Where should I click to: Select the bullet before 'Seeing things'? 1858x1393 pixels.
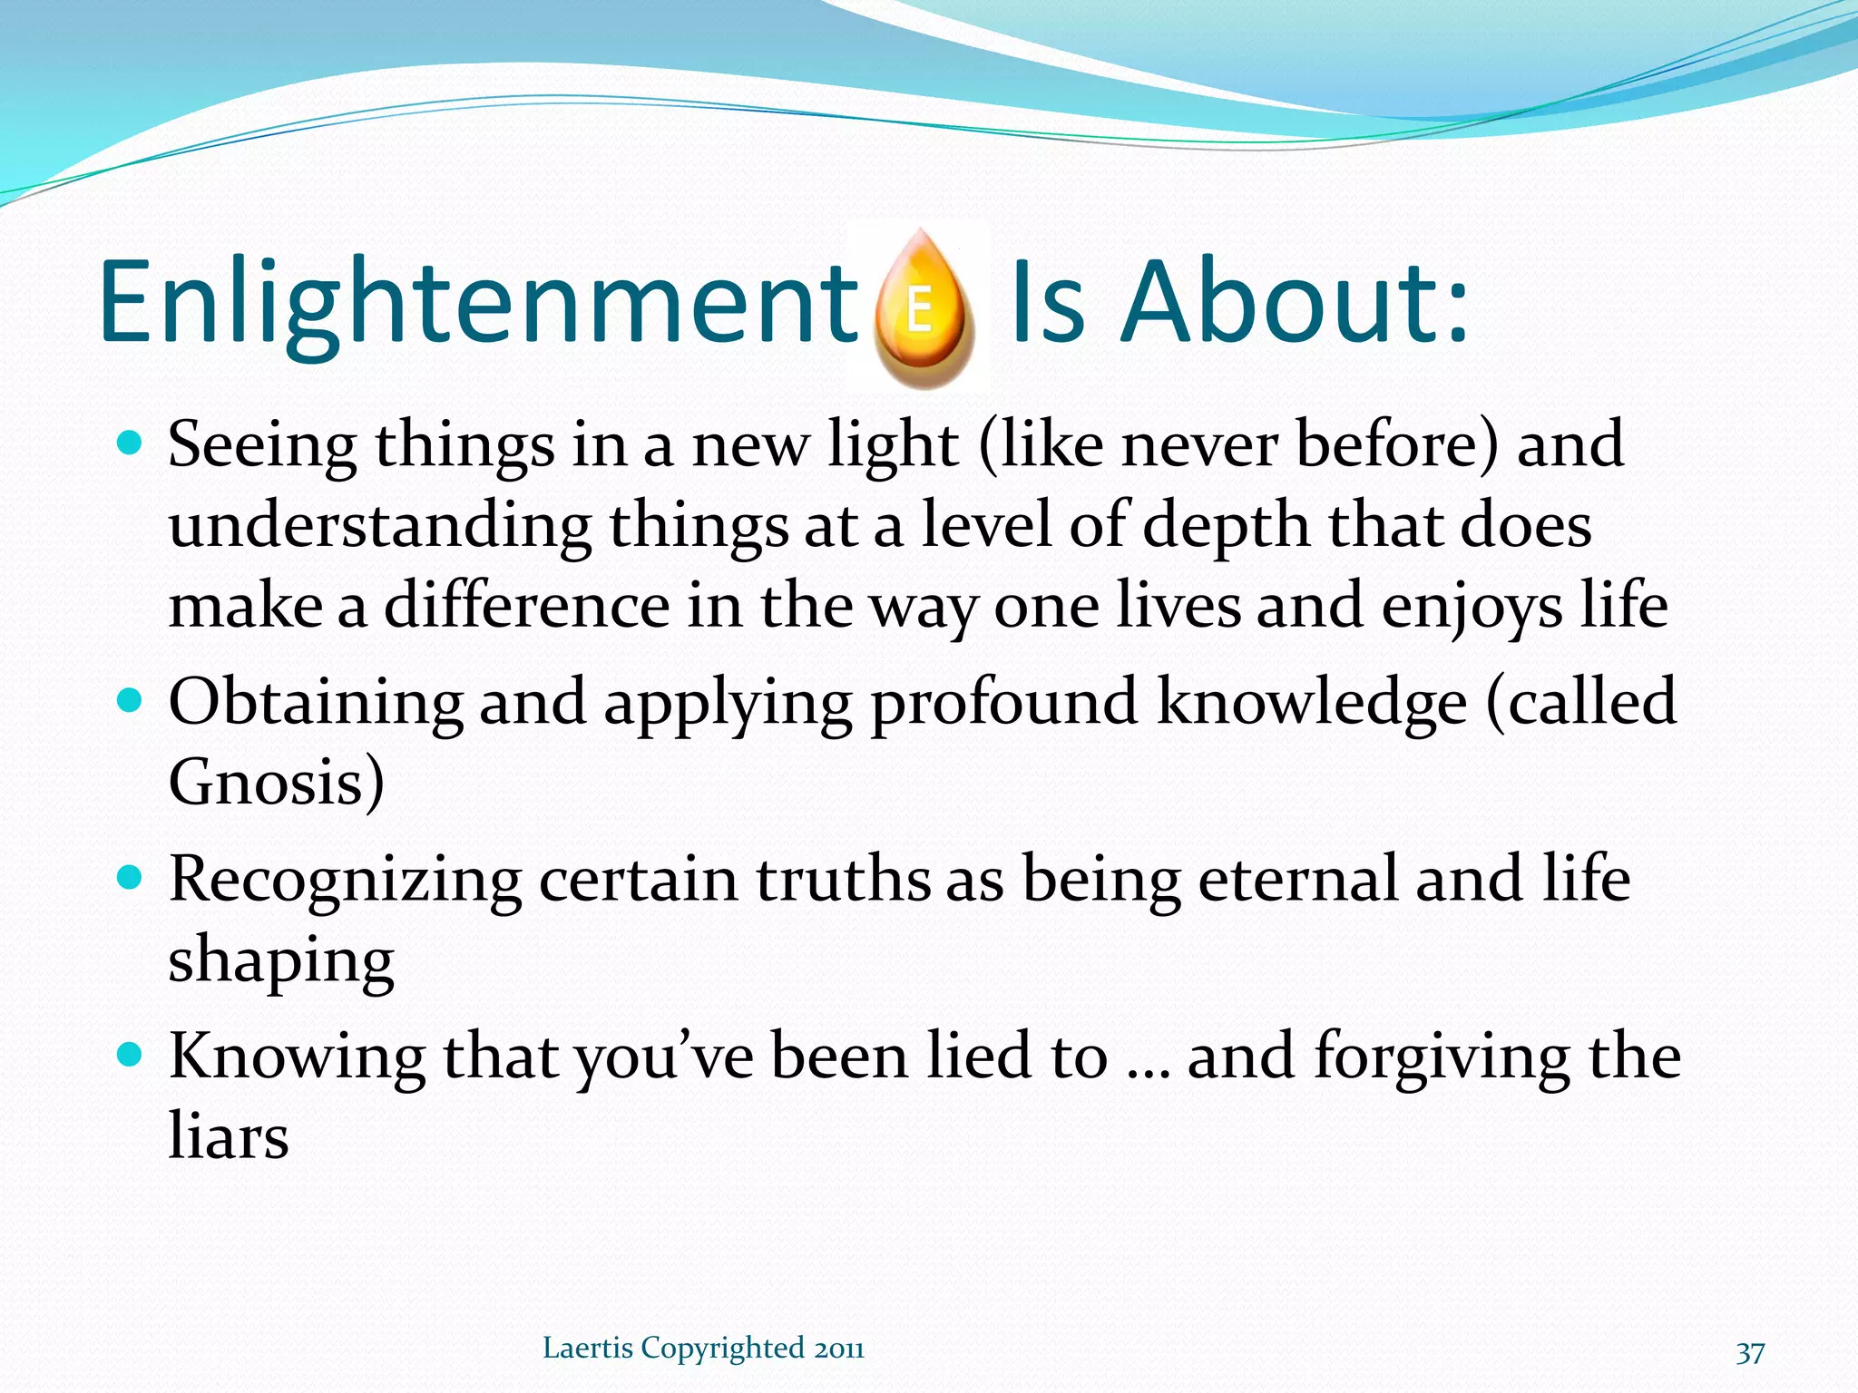tap(131, 443)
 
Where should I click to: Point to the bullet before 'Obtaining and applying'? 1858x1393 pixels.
tap(131, 700)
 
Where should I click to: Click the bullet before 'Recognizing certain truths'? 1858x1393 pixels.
tap(131, 878)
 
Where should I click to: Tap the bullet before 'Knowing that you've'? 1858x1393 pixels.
tap(131, 1055)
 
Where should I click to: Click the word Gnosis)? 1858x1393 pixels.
tap(277, 781)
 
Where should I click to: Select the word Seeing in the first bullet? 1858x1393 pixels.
tap(262, 446)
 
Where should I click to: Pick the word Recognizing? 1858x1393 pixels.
tap(345, 881)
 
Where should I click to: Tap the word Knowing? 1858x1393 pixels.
tap(297, 1057)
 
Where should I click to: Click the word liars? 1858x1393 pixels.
tap(229, 1135)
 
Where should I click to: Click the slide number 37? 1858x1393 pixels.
tap(1750, 1352)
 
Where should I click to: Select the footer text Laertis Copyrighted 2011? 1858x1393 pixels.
tap(703, 1348)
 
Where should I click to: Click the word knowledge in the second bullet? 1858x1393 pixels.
tap(1312, 703)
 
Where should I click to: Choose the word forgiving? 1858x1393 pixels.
tap(1442, 1057)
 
